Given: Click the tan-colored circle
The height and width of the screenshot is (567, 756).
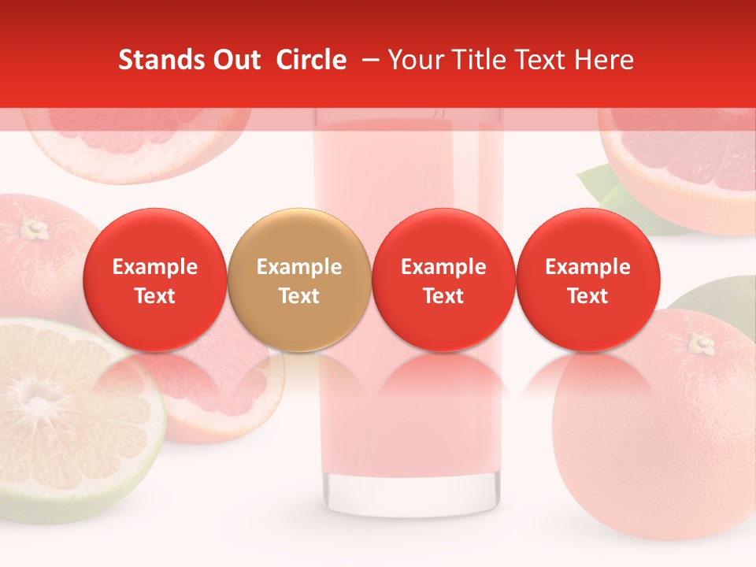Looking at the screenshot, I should click(x=299, y=280).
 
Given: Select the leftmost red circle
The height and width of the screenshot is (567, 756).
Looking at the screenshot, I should click(x=155, y=280).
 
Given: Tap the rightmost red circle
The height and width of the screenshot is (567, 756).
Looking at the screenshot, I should click(x=588, y=280).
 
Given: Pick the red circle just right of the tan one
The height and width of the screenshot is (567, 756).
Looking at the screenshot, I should click(x=443, y=280).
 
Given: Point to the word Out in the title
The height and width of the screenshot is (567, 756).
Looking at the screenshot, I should click(x=239, y=60).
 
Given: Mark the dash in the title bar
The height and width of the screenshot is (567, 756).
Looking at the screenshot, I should click(x=367, y=60).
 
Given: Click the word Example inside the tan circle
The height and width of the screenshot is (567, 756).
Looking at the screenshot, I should click(x=299, y=267).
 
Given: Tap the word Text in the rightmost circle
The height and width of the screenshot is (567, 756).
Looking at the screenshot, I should click(x=588, y=295).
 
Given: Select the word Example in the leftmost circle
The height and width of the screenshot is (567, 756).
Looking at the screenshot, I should click(x=155, y=267).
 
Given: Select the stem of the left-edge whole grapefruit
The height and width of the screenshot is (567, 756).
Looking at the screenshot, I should click(x=34, y=229).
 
